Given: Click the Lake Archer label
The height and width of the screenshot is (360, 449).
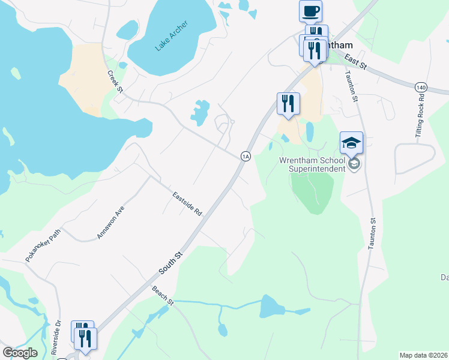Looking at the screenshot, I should [171, 36].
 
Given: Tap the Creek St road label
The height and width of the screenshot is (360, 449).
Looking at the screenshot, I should [115, 82].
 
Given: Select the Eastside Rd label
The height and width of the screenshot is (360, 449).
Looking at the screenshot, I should [187, 205].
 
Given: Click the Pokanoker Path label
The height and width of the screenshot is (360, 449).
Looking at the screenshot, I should [43, 248].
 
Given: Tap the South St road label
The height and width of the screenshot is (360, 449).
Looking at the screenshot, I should [170, 263].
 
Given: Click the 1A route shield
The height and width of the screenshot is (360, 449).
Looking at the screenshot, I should [245, 156].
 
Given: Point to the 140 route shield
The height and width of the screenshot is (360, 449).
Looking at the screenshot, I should [421, 88].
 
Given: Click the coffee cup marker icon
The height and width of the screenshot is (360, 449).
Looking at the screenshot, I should [310, 11].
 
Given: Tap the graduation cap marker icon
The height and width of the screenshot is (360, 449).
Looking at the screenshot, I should [351, 143].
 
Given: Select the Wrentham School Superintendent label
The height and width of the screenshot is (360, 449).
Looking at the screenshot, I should [312, 164].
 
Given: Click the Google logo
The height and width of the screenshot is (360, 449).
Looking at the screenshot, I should [19, 353].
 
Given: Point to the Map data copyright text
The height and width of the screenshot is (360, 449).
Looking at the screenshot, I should [424, 355].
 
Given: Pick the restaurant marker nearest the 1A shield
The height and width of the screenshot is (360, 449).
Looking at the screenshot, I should [288, 103].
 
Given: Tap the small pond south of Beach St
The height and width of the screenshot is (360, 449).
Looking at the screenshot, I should [223, 329].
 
